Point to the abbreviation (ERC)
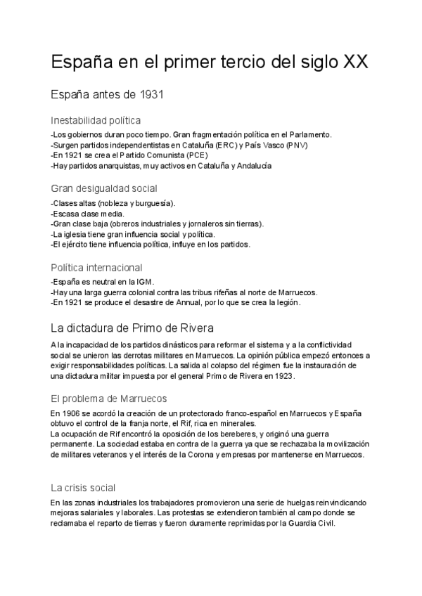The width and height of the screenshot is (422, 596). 229,145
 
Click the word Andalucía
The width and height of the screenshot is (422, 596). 250,166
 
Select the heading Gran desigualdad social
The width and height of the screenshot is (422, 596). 103,188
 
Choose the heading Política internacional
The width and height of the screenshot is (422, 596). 96,268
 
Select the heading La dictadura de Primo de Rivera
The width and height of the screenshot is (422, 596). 137,328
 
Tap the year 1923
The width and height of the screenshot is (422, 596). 282,376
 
